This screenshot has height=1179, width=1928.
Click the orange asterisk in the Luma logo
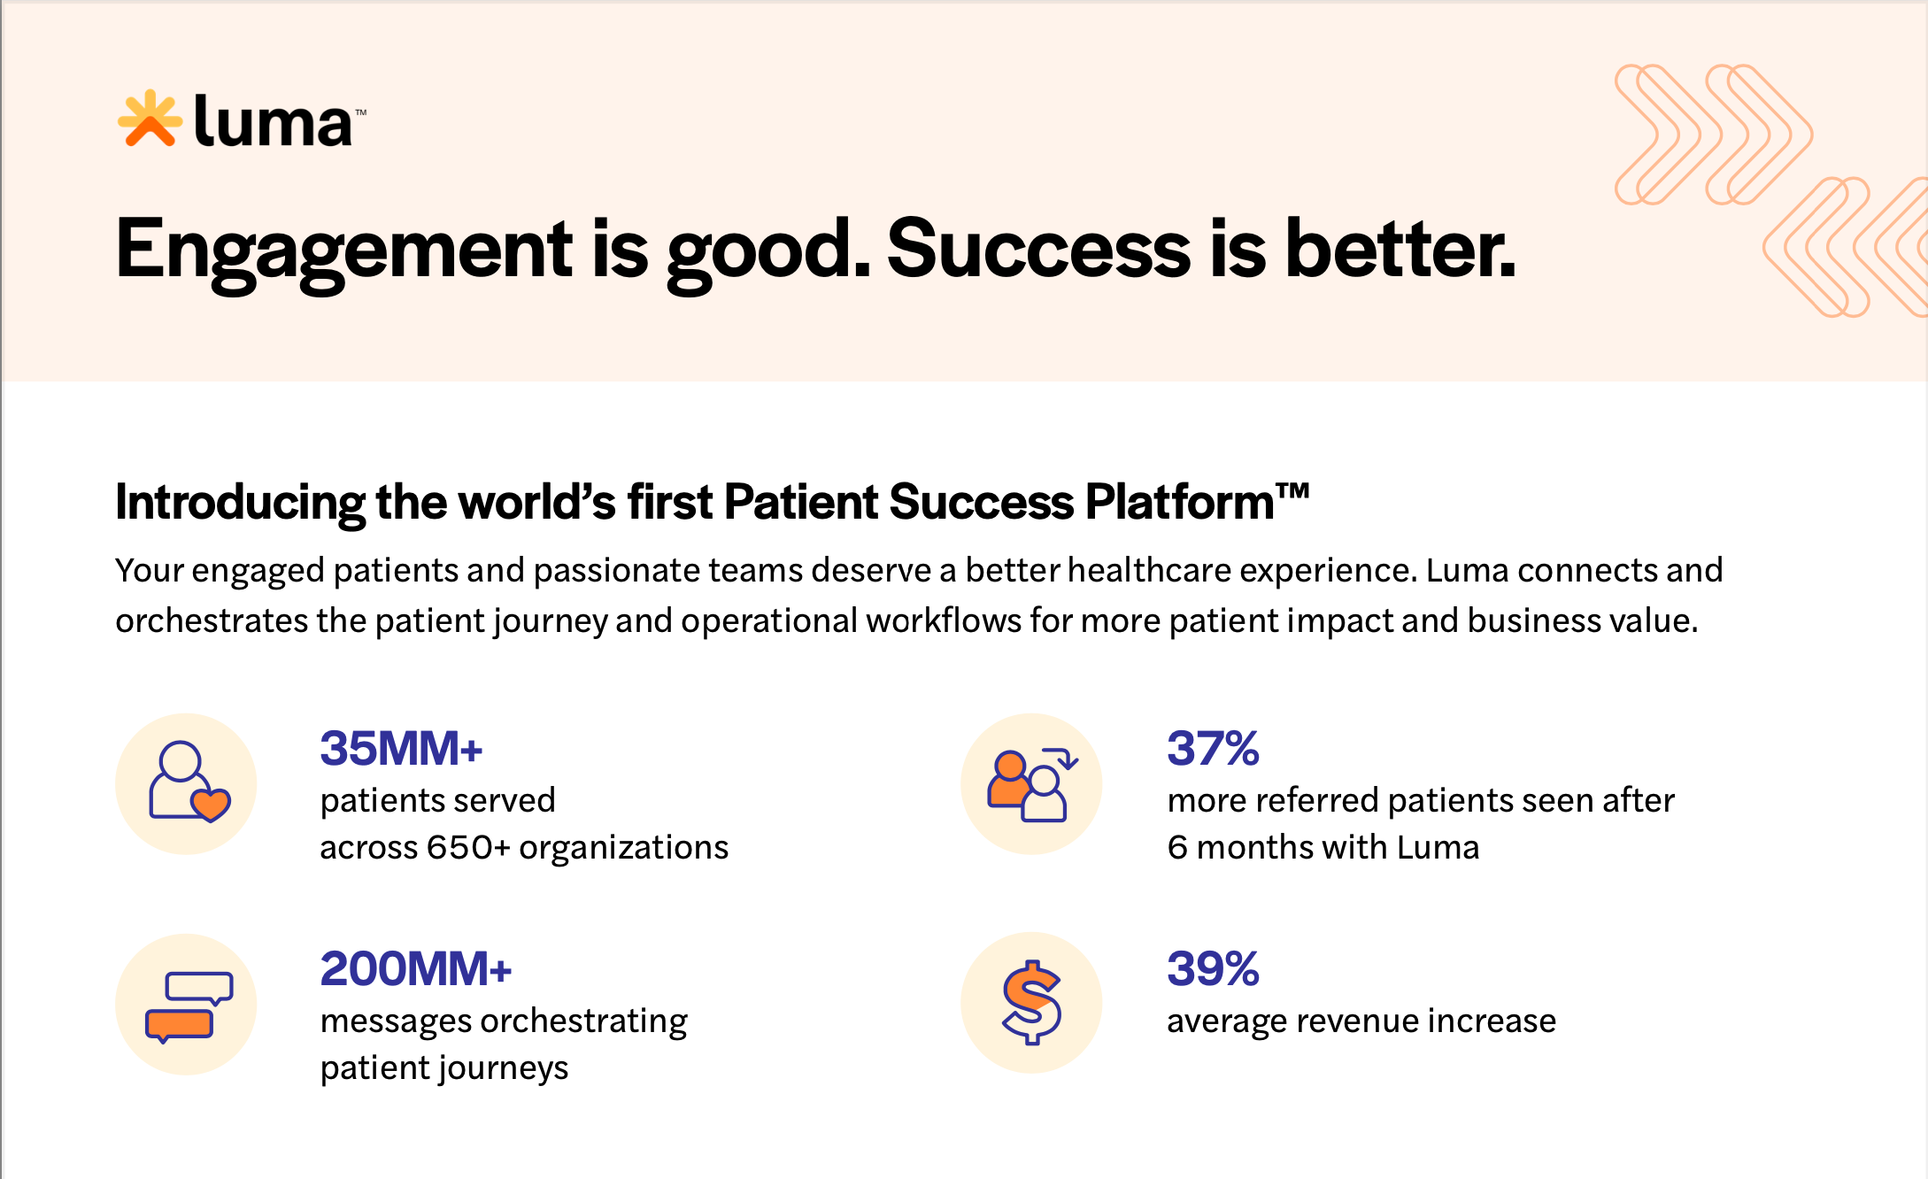point(150,119)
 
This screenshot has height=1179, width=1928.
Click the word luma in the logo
point(272,122)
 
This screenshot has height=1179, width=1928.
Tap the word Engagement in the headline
point(344,250)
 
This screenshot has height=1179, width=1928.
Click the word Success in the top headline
point(1037,250)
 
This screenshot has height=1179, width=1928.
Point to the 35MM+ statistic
point(401,749)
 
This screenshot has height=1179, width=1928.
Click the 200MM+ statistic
point(415,969)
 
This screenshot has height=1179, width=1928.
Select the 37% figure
point(1213,749)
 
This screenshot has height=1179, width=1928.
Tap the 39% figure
point(1213,969)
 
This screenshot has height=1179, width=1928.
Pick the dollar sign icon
point(1031,1003)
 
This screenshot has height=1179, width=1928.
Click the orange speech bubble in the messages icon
point(179,1025)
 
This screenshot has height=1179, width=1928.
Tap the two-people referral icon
point(1031,784)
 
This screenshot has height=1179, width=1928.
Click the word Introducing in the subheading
point(239,503)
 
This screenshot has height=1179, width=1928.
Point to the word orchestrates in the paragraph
point(211,621)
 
